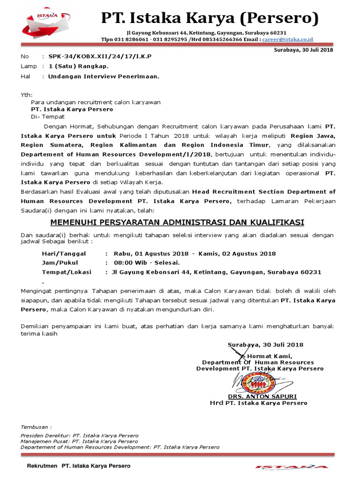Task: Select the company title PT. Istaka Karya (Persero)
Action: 210,19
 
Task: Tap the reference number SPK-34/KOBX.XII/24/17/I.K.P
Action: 100,56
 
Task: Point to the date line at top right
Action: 303,50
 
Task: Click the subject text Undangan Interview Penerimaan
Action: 104,76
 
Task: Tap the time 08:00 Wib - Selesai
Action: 145,262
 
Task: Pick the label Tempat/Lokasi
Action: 67,272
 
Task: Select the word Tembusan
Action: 36,427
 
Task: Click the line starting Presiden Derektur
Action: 79,435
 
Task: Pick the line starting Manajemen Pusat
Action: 79,441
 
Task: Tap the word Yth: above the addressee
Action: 26,94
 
